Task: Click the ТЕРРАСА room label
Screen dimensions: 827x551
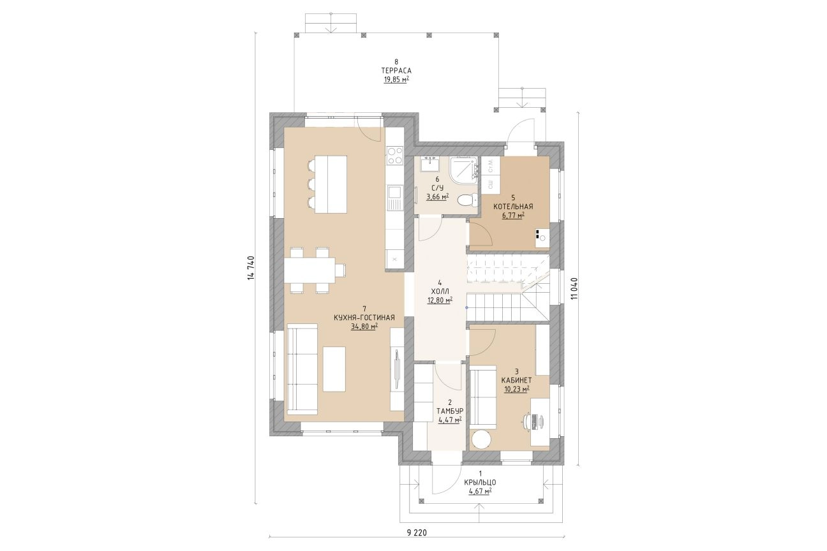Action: point(396,71)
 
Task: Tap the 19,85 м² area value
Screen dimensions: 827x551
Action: point(396,80)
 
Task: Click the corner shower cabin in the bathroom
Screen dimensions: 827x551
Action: point(463,170)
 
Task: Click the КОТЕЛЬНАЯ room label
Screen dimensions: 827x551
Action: point(513,207)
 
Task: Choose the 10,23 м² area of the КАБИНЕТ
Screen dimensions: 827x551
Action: point(517,388)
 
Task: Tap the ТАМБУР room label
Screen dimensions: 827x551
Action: point(450,411)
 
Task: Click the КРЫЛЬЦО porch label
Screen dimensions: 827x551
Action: point(480,482)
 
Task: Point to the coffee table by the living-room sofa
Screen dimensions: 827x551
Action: point(76,369)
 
